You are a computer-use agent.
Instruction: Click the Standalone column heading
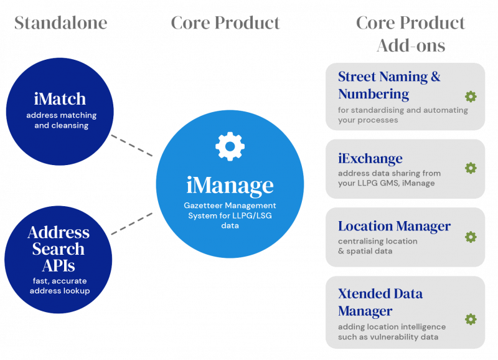[60, 23]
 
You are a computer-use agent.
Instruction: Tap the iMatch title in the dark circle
[60, 99]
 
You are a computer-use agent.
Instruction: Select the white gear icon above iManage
[230, 146]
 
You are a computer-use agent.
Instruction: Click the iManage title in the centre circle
[230, 185]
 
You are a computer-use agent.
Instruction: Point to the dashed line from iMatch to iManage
[132, 146]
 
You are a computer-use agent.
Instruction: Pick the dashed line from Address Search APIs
[132, 224]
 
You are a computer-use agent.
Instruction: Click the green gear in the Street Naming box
[471, 97]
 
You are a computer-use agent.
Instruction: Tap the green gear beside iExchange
[471, 168]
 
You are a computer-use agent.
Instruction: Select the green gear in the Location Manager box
[471, 237]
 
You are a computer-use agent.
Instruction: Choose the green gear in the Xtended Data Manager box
[471, 319]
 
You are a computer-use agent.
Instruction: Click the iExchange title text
[370, 159]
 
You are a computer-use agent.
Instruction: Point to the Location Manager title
[395, 226]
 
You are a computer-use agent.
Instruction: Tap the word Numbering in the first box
[374, 94]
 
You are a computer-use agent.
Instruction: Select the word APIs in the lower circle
[59, 265]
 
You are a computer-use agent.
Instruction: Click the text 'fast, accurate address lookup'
[60, 286]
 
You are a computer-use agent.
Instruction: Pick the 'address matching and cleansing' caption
[61, 120]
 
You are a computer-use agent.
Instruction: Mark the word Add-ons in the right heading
[411, 45]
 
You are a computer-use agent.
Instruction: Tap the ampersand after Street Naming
[436, 77]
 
